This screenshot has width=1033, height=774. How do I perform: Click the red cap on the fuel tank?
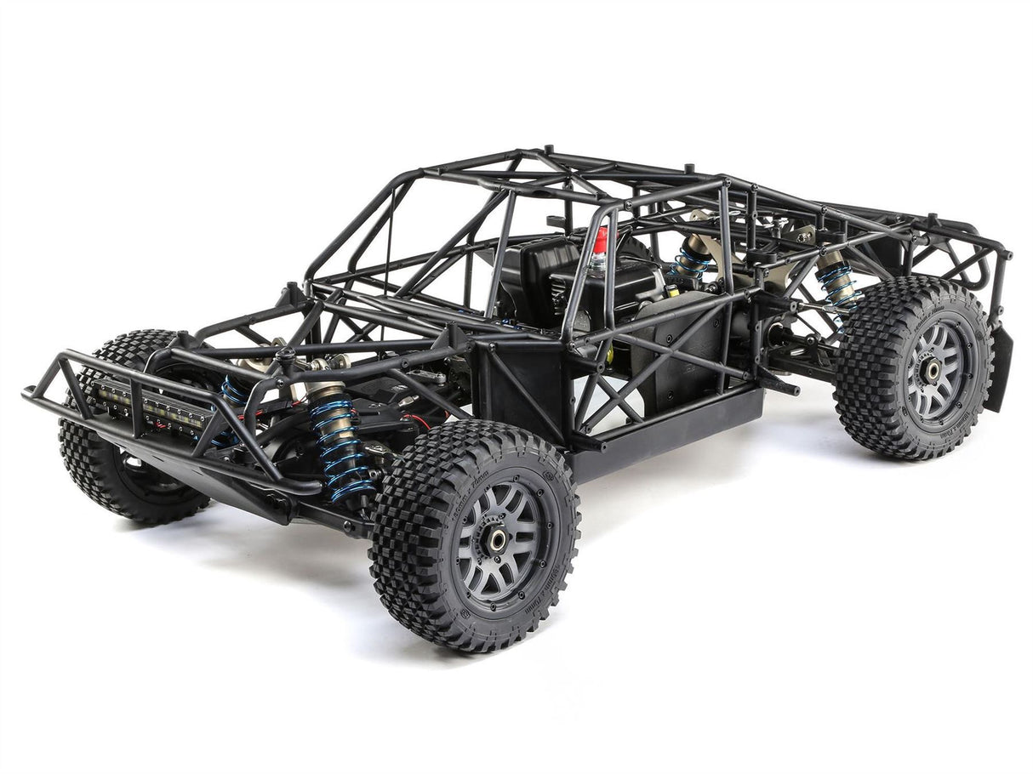point(601,241)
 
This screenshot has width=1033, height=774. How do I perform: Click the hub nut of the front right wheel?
point(497,538)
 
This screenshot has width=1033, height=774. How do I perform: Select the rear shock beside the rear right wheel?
point(838,281)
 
